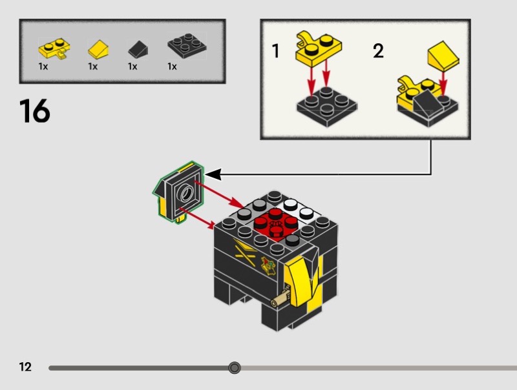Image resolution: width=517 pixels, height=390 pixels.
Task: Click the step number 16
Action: [34, 111]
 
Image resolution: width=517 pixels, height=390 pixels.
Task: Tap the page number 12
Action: [25, 367]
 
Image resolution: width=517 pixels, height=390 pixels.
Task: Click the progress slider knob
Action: [235, 368]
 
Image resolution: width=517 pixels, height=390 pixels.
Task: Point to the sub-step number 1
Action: [276, 52]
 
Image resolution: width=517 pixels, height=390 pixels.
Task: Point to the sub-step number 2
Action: [378, 52]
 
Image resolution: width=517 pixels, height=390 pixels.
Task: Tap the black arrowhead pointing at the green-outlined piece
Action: [213, 174]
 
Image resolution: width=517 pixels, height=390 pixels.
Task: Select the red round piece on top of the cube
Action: [272, 223]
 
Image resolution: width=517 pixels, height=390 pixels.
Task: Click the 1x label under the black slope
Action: [132, 67]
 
